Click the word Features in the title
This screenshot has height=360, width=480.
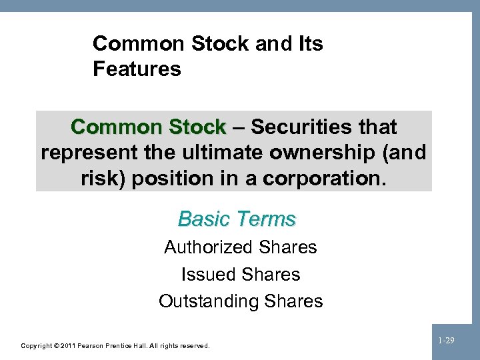[137, 68]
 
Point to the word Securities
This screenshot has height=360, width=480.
[304, 127]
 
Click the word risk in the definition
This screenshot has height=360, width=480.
[97, 178]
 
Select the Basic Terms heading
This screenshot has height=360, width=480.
[237, 219]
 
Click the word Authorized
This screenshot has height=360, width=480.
[208, 247]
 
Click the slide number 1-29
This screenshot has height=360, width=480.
[446, 341]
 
